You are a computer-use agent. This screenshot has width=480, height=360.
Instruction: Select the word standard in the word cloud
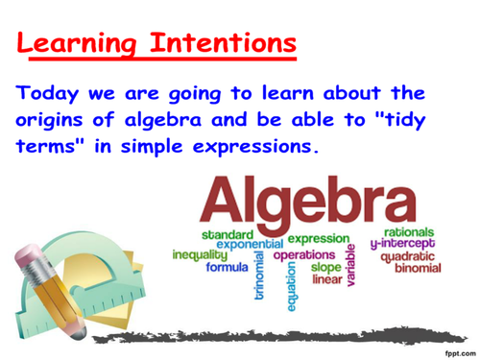[x=227, y=235]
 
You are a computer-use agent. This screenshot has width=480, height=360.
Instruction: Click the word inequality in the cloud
[x=198, y=255]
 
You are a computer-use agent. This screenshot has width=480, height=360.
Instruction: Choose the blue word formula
[x=228, y=268]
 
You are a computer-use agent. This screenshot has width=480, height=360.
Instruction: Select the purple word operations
[x=304, y=255]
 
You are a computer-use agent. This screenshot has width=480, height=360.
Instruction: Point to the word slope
[x=327, y=268]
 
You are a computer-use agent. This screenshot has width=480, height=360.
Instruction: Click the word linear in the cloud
[x=327, y=280]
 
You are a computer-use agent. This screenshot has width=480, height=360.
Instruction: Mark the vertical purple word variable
[x=349, y=265]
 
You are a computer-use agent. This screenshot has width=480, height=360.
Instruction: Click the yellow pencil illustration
[x=43, y=288]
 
